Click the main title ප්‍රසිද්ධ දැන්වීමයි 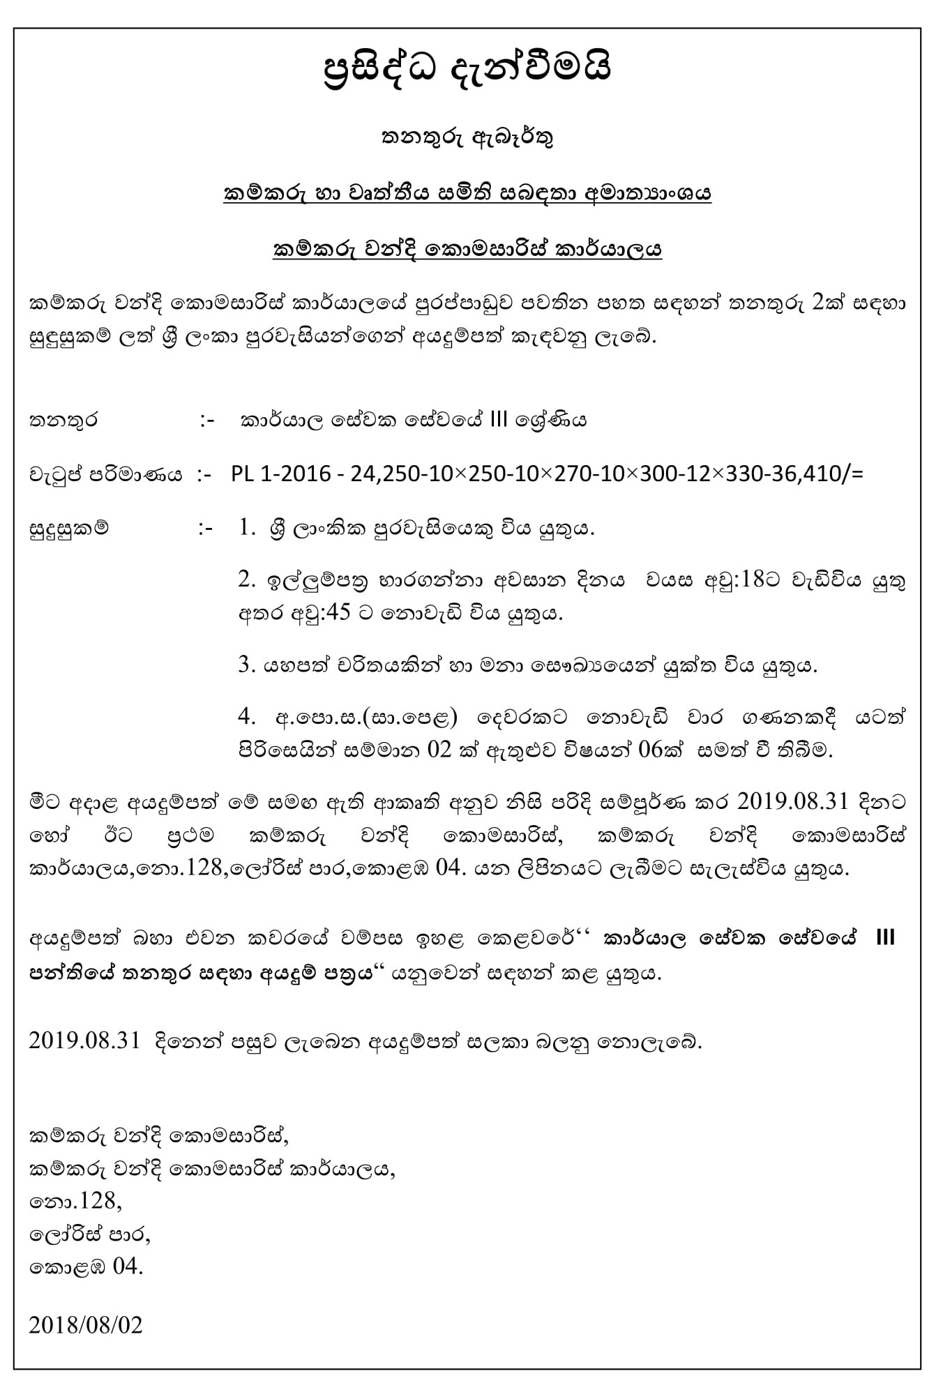coord(467,70)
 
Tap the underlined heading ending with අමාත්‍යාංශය coord(467,193)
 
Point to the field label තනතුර coord(63,421)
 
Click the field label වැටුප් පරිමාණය coord(105,475)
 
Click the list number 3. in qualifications coord(246,665)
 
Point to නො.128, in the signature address coord(75,1201)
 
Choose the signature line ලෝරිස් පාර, coord(90,1234)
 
